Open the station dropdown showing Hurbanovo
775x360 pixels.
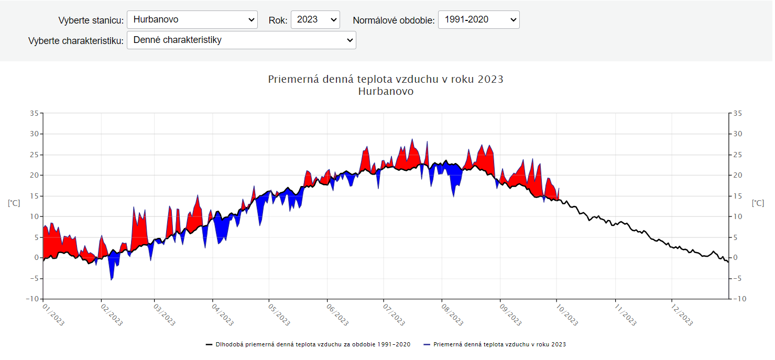pyautogui.click(x=192, y=20)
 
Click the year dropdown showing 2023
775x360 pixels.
pyautogui.click(x=315, y=20)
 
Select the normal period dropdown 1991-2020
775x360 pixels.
pyautogui.click(x=478, y=20)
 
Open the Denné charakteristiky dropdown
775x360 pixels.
pyautogui.click(x=241, y=40)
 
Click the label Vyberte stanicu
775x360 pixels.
pyautogui.click(x=91, y=20)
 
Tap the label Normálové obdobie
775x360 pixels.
pyautogui.click(x=394, y=20)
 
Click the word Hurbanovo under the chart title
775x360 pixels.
pyautogui.click(x=386, y=91)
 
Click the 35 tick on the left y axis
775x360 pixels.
pyautogui.click(x=35, y=113)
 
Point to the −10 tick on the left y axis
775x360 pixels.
pyautogui.click(x=32, y=299)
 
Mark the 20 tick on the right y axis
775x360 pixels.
pyautogui.click(x=737, y=175)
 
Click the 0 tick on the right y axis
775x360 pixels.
pyautogui.click(x=735, y=258)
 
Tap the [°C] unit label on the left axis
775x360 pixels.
pyautogui.click(x=14, y=203)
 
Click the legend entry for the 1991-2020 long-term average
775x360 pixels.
pyautogui.click(x=312, y=344)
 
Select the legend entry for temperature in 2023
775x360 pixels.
pyautogui.click(x=499, y=344)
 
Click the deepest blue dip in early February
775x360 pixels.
pyautogui.click(x=111, y=279)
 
